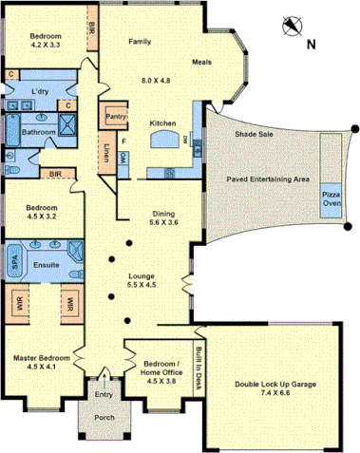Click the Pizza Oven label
tap(331, 198)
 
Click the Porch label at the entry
tap(104, 418)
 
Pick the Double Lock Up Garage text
tap(275, 385)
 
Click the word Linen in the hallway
tap(105, 152)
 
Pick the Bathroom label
tap(40, 131)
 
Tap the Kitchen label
tap(162, 123)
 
